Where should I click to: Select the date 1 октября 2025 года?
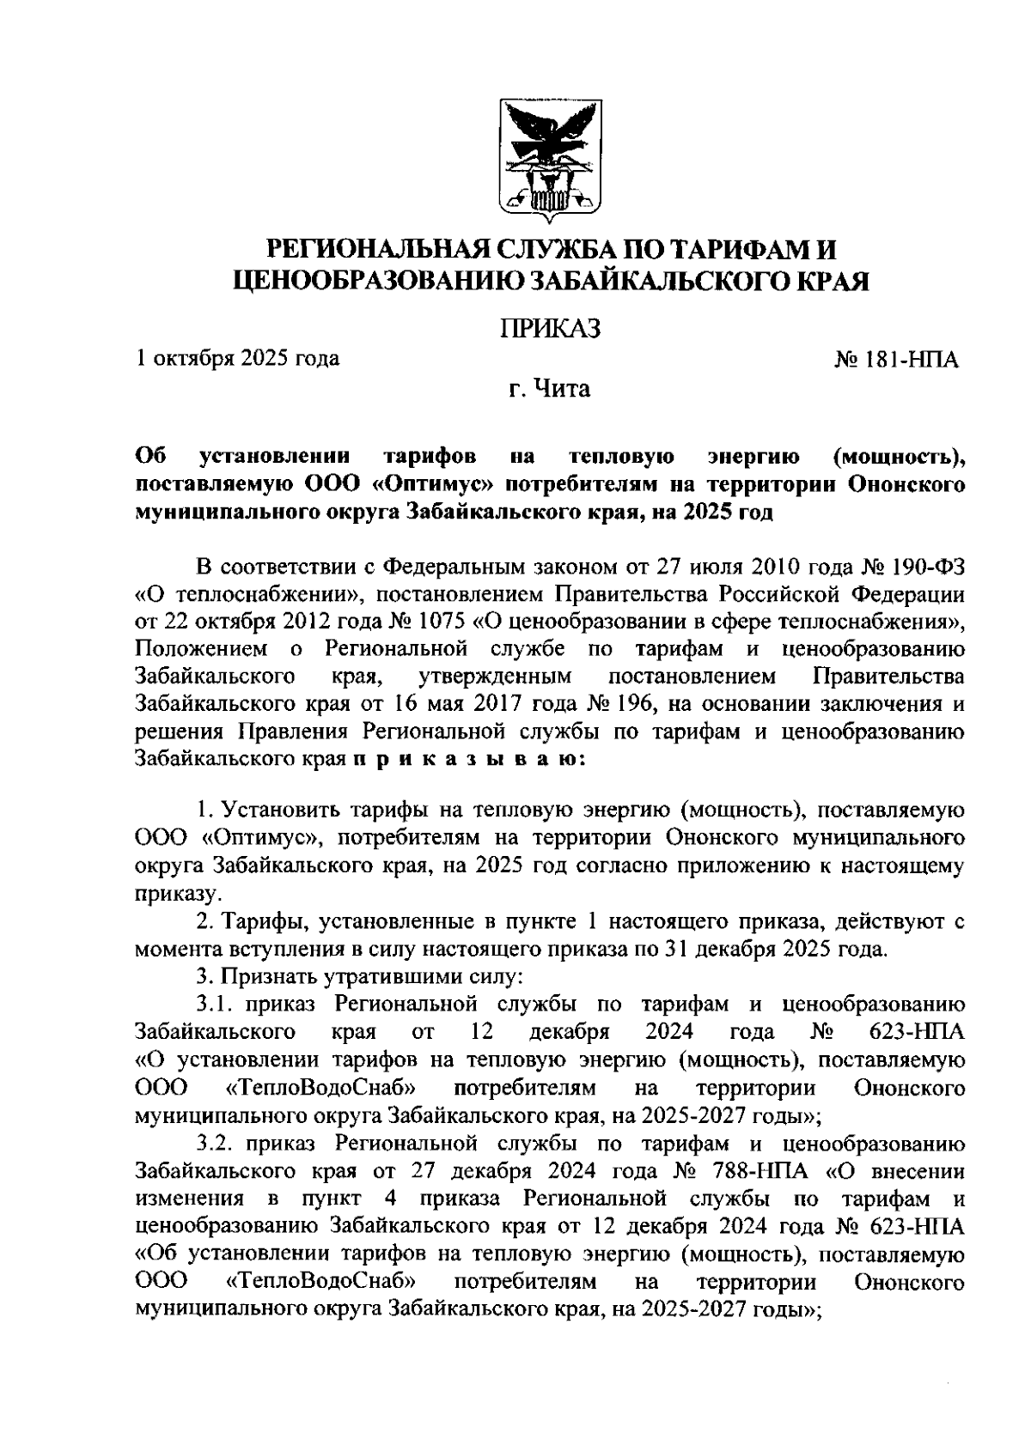[x=237, y=358]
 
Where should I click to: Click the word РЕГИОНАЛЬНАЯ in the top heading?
[x=376, y=250]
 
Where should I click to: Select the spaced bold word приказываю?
[x=469, y=759]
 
